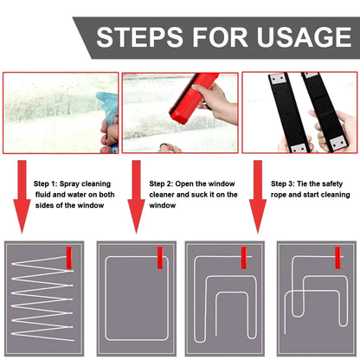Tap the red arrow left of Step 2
tap(137, 199)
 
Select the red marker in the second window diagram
tap(159, 257)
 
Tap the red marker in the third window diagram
tap(244, 257)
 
